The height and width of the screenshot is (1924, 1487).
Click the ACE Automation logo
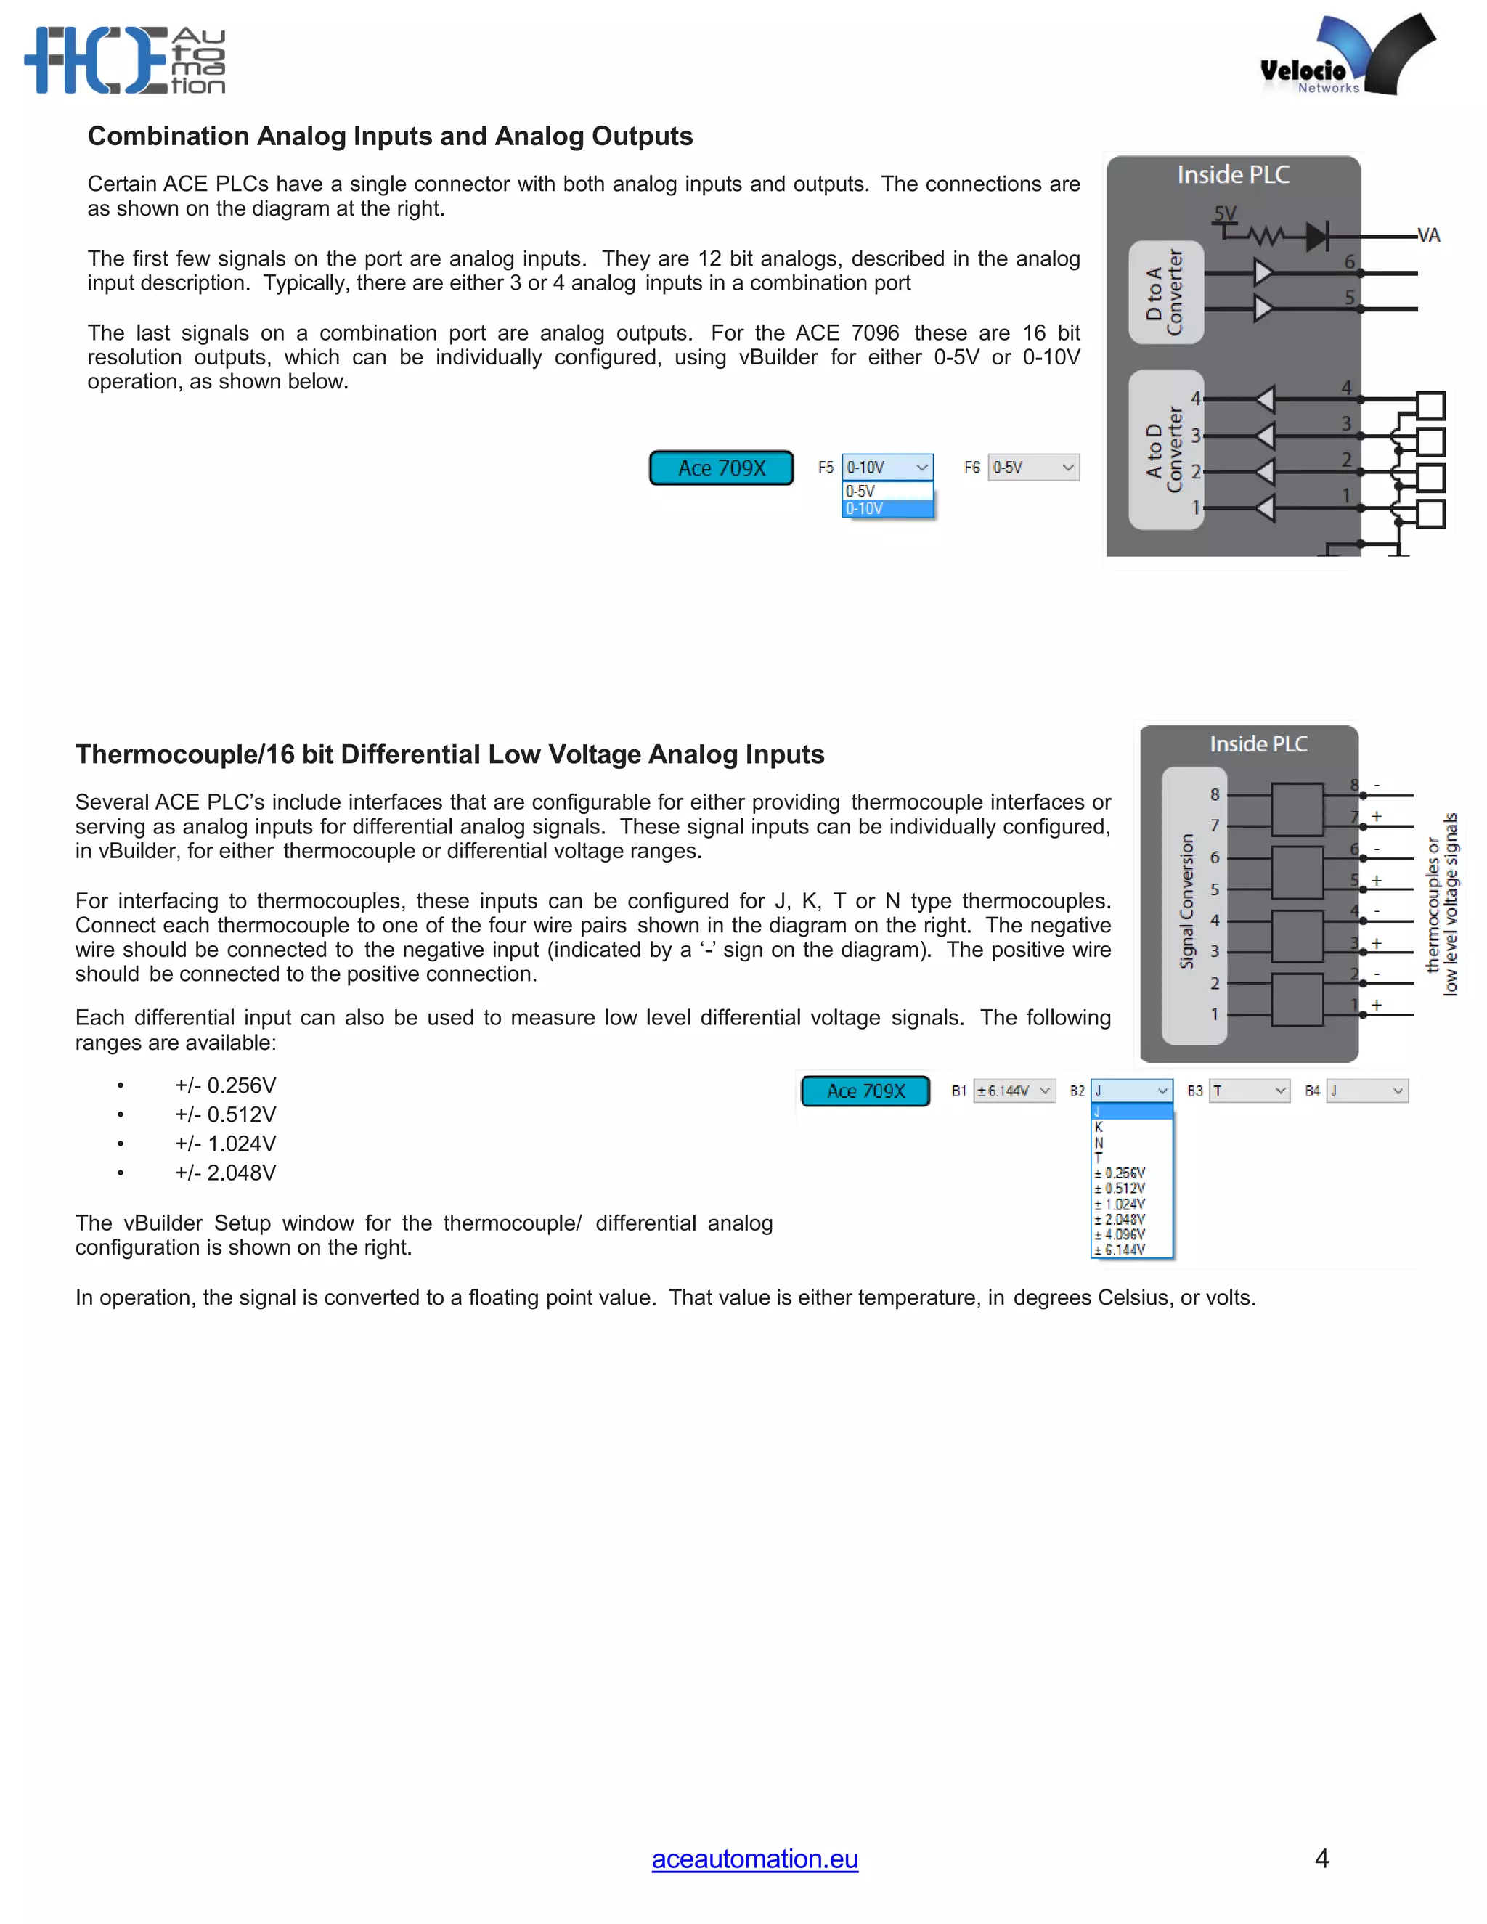click(125, 60)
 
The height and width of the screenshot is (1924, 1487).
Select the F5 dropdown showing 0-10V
click(887, 467)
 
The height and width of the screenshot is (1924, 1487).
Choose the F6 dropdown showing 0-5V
click(1033, 467)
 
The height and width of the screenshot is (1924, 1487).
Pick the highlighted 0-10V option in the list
click(887, 508)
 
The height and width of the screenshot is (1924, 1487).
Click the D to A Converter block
click(1165, 292)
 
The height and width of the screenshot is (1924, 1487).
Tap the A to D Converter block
click(1165, 449)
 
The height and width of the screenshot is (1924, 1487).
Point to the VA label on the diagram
click(1428, 235)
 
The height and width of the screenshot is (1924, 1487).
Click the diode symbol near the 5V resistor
click(1316, 236)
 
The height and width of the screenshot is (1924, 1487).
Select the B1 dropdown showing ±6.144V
click(1014, 1091)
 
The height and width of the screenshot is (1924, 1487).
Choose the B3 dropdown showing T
click(1249, 1091)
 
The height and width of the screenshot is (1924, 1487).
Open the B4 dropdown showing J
click(1366, 1091)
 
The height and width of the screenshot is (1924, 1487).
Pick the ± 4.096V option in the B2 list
click(1120, 1234)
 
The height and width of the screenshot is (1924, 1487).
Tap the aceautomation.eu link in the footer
click(754, 1858)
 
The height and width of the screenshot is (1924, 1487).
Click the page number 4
click(1321, 1858)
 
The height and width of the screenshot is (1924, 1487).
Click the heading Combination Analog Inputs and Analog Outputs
click(390, 136)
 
